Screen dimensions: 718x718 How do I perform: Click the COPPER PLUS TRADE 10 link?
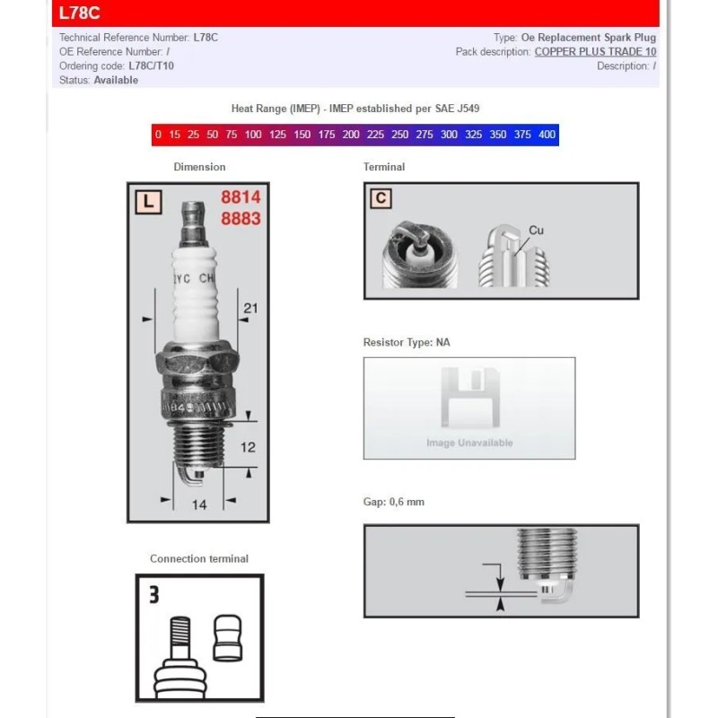(x=595, y=52)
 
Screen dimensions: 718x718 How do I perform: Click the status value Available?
(x=116, y=80)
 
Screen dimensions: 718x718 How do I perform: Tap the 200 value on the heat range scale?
(x=351, y=135)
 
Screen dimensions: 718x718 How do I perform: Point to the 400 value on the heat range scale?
(x=547, y=135)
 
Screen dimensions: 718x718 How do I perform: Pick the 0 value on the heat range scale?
(x=159, y=135)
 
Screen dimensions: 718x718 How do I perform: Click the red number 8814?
(x=241, y=199)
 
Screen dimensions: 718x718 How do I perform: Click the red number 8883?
(x=241, y=219)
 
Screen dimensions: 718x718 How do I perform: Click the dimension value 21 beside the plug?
(x=250, y=309)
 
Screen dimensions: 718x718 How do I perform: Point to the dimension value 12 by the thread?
(x=249, y=446)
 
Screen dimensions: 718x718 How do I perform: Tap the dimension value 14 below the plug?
(x=199, y=504)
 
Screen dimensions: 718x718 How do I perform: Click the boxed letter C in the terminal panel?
(x=381, y=198)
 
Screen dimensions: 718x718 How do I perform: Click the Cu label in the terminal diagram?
(x=536, y=231)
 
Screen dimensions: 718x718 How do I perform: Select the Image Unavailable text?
(x=469, y=442)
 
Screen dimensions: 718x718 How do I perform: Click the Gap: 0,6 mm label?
(x=393, y=502)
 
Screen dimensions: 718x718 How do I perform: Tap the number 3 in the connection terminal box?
(x=153, y=593)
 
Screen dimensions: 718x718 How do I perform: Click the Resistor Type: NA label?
(x=406, y=342)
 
